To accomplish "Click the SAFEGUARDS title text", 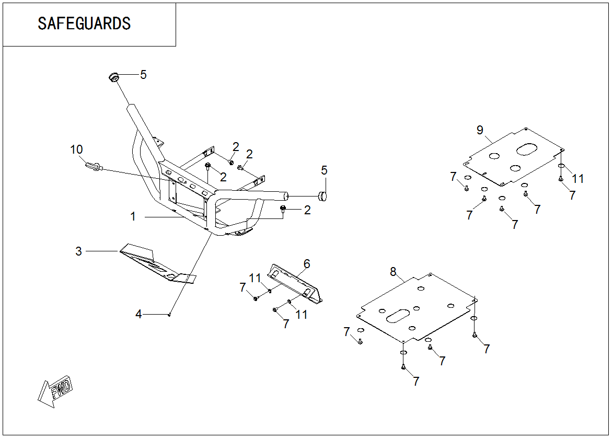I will coord(84,24).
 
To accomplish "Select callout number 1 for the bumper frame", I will coord(133,216).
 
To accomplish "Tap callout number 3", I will coord(78,251).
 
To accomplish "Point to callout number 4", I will coord(138,314).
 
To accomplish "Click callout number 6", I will coord(307,264).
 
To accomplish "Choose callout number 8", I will coord(393,271).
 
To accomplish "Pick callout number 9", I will coord(480,130).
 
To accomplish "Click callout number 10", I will coord(77,150).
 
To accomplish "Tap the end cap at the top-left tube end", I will coord(113,78).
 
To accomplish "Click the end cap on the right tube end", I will coord(322,197).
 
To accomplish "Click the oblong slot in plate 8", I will coord(398,315).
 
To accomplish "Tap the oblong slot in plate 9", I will coord(527,149).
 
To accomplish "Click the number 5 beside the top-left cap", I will coord(143,75).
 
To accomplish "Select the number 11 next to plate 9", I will coord(577,179).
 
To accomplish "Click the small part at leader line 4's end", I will coord(170,314).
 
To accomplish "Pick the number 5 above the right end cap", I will coord(325,170).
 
